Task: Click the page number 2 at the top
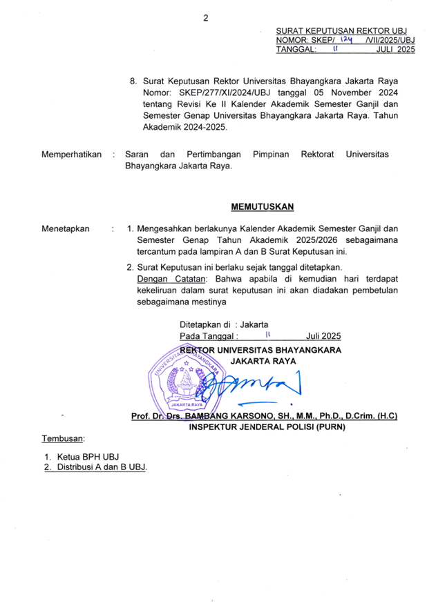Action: (x=205, y=19)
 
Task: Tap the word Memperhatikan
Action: (x=72, y=155)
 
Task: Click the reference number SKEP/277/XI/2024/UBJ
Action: (x=222, y=91)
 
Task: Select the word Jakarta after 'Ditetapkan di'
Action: (x=254, y=324)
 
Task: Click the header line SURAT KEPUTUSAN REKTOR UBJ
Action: (x=341, y=31)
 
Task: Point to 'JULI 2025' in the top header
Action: (x=395, y=50)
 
